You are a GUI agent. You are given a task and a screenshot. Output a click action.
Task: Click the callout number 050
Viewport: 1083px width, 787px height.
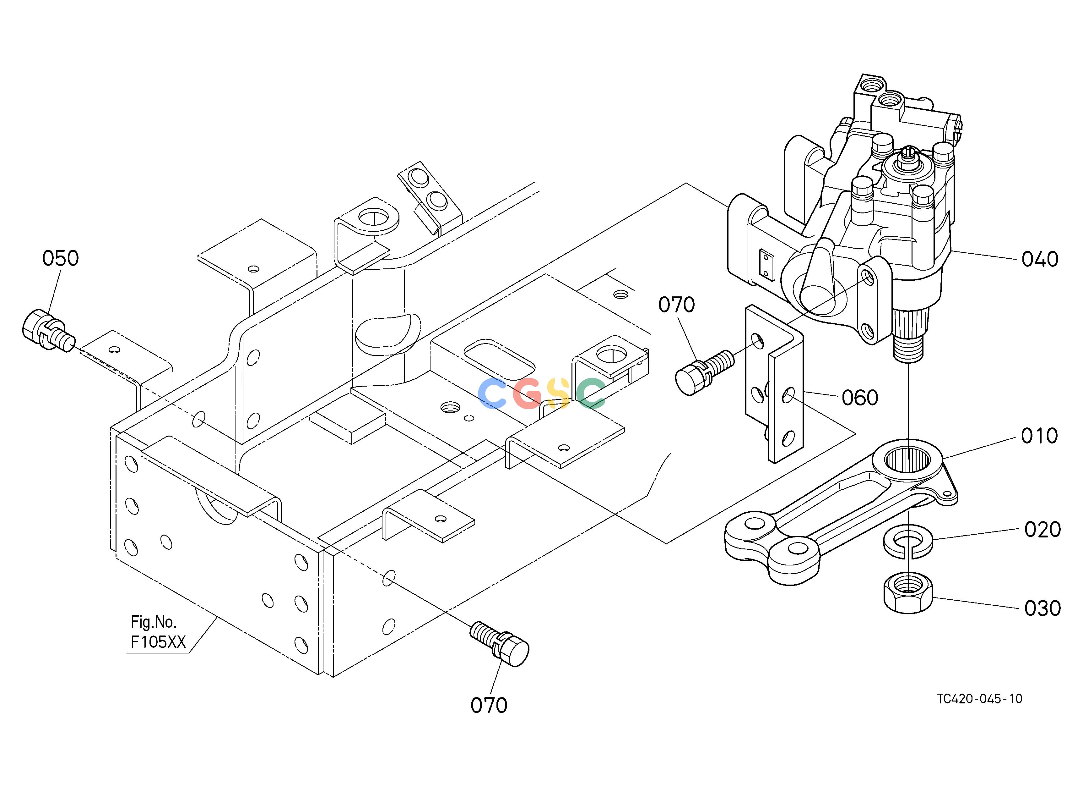[x=61, y=259]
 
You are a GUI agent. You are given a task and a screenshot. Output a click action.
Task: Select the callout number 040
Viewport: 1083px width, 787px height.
[x=1040, y=260]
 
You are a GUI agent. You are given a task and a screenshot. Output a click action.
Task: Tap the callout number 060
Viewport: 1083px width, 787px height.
[x=859, y=398]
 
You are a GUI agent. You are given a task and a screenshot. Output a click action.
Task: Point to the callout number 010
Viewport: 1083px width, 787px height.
[x=1039, y=436]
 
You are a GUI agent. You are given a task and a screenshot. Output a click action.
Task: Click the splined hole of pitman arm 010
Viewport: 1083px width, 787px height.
[x=907, y=460]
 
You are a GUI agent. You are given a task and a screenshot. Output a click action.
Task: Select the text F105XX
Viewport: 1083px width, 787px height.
[x=158, y=642]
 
